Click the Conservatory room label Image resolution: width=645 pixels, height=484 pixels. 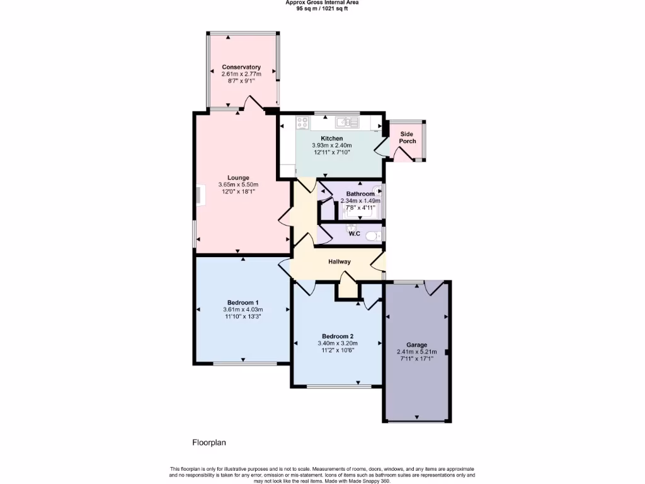click(241, 67)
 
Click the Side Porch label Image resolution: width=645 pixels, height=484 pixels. click(407, 137)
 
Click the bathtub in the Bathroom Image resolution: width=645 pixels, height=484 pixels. click(361, 212)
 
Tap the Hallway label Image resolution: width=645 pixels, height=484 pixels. click(339, 262)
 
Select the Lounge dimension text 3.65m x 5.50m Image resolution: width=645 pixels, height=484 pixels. click(239, 185)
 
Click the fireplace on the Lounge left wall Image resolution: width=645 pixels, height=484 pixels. click(199, 195)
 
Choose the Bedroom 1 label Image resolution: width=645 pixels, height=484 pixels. click(243, 302)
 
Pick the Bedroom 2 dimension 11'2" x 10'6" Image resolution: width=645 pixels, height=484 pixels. click(338, 350)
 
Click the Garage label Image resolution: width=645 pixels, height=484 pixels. click(416, 345)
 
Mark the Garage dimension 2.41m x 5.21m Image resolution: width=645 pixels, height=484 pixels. click(416, 352)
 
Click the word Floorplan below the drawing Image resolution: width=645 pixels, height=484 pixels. click(208, 442)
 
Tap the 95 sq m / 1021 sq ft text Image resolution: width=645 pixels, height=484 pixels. click(322, 9)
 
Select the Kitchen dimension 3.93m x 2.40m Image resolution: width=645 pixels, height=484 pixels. click(332, 146)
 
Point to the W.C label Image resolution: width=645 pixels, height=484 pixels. click(354, 234)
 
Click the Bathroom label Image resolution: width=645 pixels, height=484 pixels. click(360, 194)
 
